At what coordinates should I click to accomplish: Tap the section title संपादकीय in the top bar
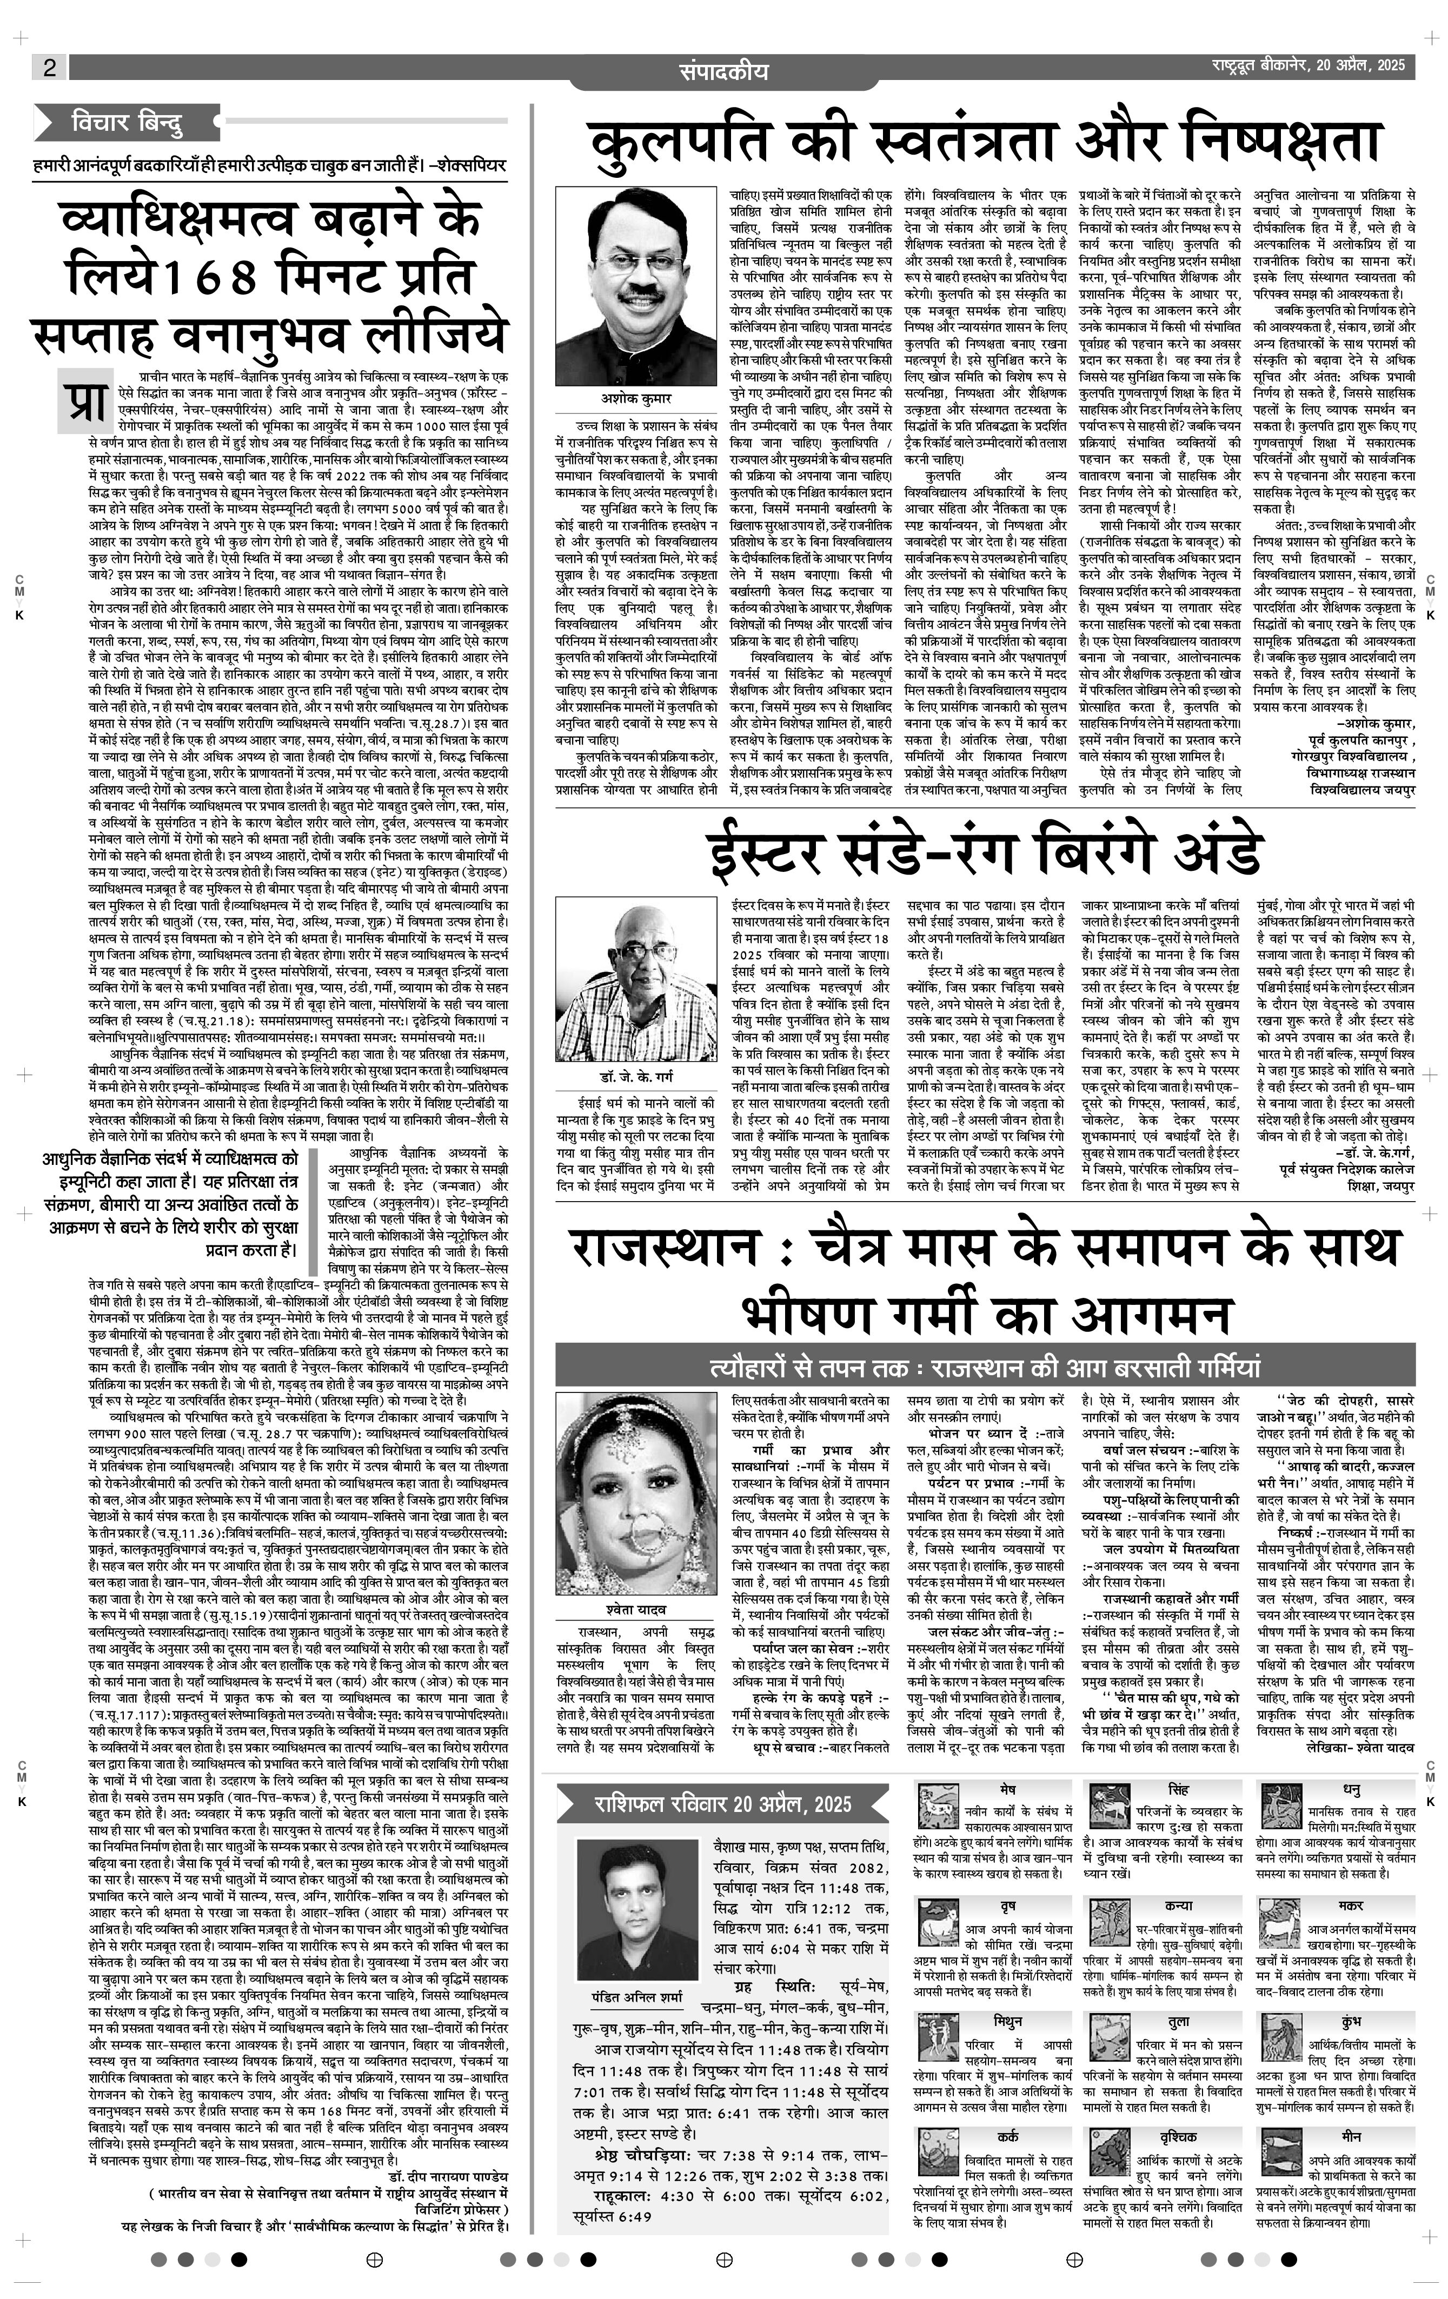point(723,71)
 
